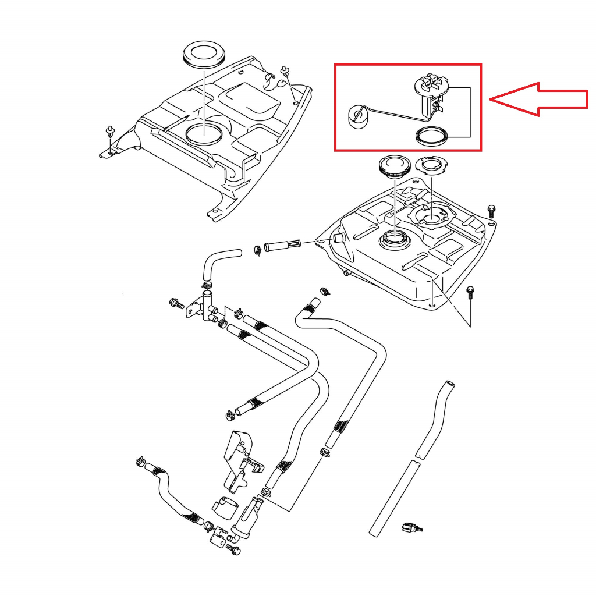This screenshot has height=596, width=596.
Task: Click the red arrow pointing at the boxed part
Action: tap(538, 99)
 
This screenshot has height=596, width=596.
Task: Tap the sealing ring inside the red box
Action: tap(431, 136)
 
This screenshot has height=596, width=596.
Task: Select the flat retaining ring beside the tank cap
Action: tap(432, 166)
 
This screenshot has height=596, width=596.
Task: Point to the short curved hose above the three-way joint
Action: tap(218, 261)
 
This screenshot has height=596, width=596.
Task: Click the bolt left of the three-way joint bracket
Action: tap(175, 303)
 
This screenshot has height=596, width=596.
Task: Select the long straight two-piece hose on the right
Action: tap(413, 460)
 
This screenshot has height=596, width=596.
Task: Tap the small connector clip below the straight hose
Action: tap(411, 528)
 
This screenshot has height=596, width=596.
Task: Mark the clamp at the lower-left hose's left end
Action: tap(140, 460)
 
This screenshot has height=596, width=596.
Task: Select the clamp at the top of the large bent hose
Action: tap(323, 290)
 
